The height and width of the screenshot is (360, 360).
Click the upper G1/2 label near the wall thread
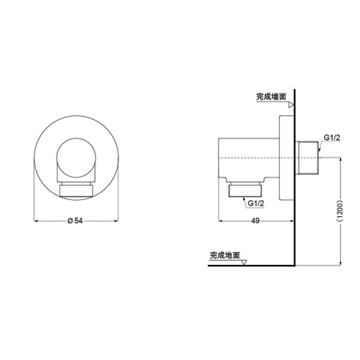(x=331, y=136)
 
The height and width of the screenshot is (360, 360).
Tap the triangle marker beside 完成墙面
(x=292, y=104)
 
